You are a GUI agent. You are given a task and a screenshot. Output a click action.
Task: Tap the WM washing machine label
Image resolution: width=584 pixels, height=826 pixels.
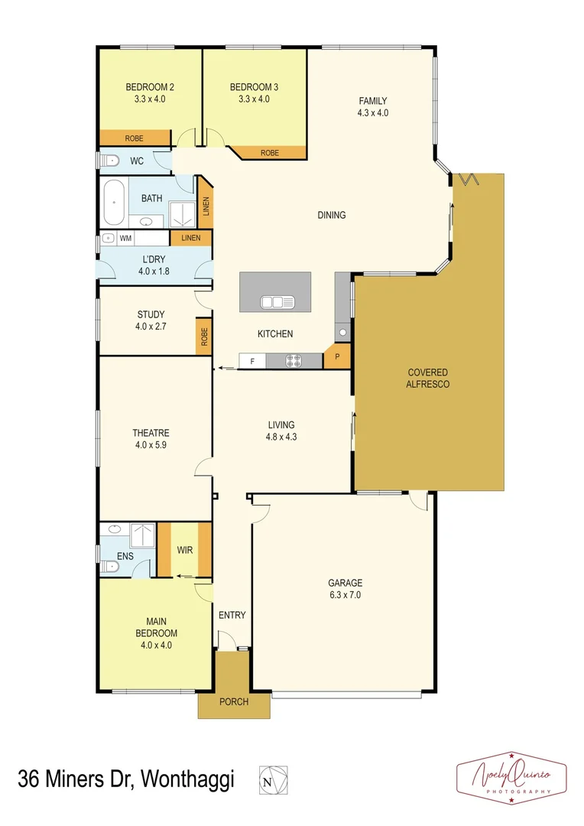[x=125, y=239]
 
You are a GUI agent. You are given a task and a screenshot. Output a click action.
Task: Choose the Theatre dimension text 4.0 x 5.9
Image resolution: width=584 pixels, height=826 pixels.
[x=150, y=444]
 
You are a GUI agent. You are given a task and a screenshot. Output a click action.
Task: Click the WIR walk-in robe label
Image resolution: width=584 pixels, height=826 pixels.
[x=184, y=549]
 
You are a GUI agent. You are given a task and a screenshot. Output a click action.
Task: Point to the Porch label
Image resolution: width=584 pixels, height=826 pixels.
[x=234, y=701]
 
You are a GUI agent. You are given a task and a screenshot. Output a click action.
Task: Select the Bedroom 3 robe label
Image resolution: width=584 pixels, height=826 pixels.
[x=270, y=153]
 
